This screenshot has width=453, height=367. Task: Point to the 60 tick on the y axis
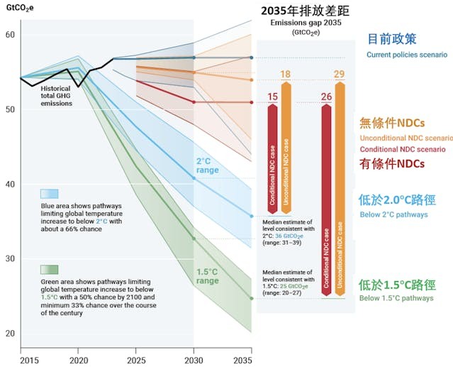[x=9, y=35]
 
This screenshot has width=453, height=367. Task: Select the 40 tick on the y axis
[x=9, y=184]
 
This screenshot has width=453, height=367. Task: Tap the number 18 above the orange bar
[x=286, y=75]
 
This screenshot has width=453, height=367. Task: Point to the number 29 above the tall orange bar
[x=340, y=75]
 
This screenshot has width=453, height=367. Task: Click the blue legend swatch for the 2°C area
[x=49, y=193]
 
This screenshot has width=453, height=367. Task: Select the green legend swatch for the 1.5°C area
[x=49, y=269]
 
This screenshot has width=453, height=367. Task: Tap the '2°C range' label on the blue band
[x=208, y=166]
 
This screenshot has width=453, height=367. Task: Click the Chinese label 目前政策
[x=391, y=38]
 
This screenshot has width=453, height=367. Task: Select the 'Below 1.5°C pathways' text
[x=398, y=298]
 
